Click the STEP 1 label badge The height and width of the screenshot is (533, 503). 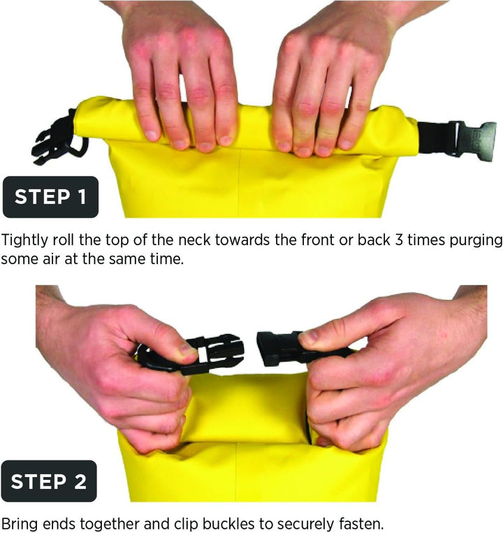[x=50, y=197]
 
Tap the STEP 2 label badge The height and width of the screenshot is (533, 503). [x=49, y=481]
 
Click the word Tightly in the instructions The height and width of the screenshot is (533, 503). [x=25, y=241]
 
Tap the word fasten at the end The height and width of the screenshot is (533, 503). [x=361, y=523]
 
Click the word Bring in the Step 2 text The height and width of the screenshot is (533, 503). [x=19, y=525]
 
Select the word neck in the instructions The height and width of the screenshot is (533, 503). [x=194, y=240]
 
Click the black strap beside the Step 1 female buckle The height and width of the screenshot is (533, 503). [x=434, y=138]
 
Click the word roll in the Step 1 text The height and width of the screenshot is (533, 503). [x=63, y=240]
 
